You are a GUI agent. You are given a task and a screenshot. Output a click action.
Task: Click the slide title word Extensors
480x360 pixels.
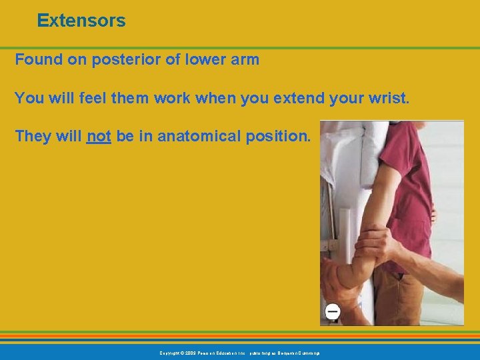coord(81,21)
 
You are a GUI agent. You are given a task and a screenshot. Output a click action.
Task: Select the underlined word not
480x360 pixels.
coord(99,137)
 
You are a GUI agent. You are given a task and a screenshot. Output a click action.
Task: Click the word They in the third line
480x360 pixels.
coord(32,137)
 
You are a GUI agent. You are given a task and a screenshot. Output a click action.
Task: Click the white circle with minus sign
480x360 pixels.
coord(332,311)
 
